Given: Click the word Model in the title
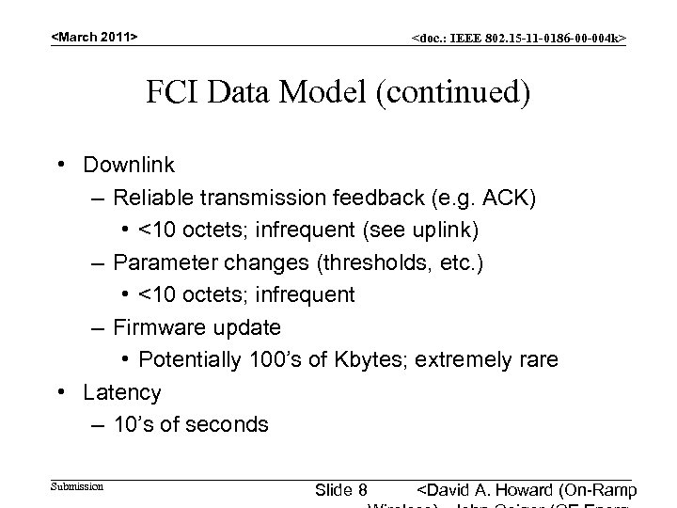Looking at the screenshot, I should coord(321,94).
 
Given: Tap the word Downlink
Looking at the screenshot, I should coord(129,165).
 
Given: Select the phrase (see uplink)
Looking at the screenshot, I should coord(430,230).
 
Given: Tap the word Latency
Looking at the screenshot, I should coord(122,392).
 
